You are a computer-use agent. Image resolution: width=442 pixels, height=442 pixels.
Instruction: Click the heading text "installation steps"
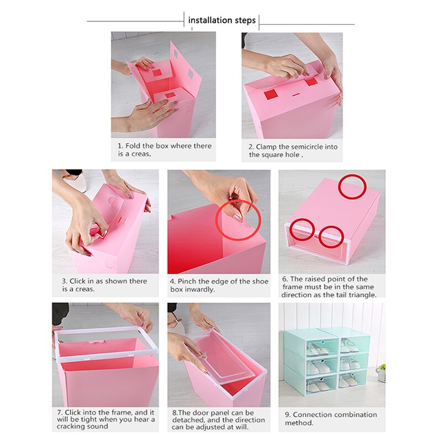click(222, 20)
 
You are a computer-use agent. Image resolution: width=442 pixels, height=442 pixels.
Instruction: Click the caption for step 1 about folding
click(164, 150)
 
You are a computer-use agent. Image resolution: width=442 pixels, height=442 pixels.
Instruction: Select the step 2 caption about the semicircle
click(293, 151)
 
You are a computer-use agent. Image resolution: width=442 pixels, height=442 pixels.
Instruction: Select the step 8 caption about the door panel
click(218, 420)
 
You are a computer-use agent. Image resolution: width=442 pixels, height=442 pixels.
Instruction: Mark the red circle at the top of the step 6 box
click(353, 187)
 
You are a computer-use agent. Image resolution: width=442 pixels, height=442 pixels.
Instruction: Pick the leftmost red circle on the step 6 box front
click(302, 229)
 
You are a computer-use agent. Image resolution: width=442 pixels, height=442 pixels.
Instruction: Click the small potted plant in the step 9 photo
click(381, 372)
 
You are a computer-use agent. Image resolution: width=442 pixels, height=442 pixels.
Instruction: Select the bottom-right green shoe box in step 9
click(351, 380)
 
